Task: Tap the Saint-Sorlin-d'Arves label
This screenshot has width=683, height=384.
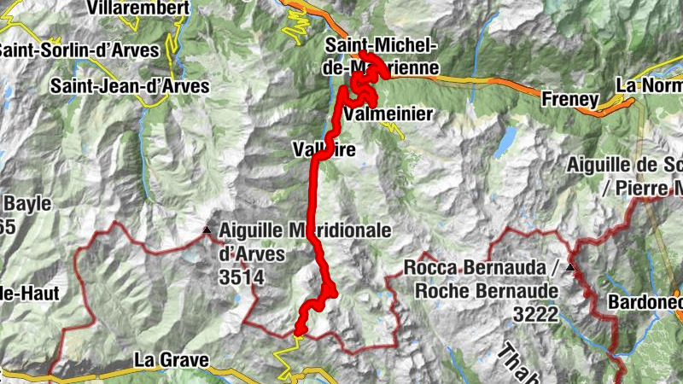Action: [x=79, y=50]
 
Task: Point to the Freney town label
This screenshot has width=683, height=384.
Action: [x=569, y=100]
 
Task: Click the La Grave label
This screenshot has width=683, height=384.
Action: [x=171, y=361]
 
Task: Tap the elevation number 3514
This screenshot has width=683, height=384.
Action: [x=242, y=276]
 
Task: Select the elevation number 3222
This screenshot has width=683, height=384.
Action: [x=535, y=314]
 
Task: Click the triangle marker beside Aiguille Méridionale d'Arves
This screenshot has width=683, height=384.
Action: [x=206, y=230]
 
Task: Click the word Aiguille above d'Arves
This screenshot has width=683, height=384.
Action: [x=249, y=230]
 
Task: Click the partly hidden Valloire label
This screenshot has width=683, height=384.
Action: [x=323, y=150]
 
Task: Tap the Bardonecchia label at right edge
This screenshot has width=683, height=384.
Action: [x=645, y=302]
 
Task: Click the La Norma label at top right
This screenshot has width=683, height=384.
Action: [x=649, y=86]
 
